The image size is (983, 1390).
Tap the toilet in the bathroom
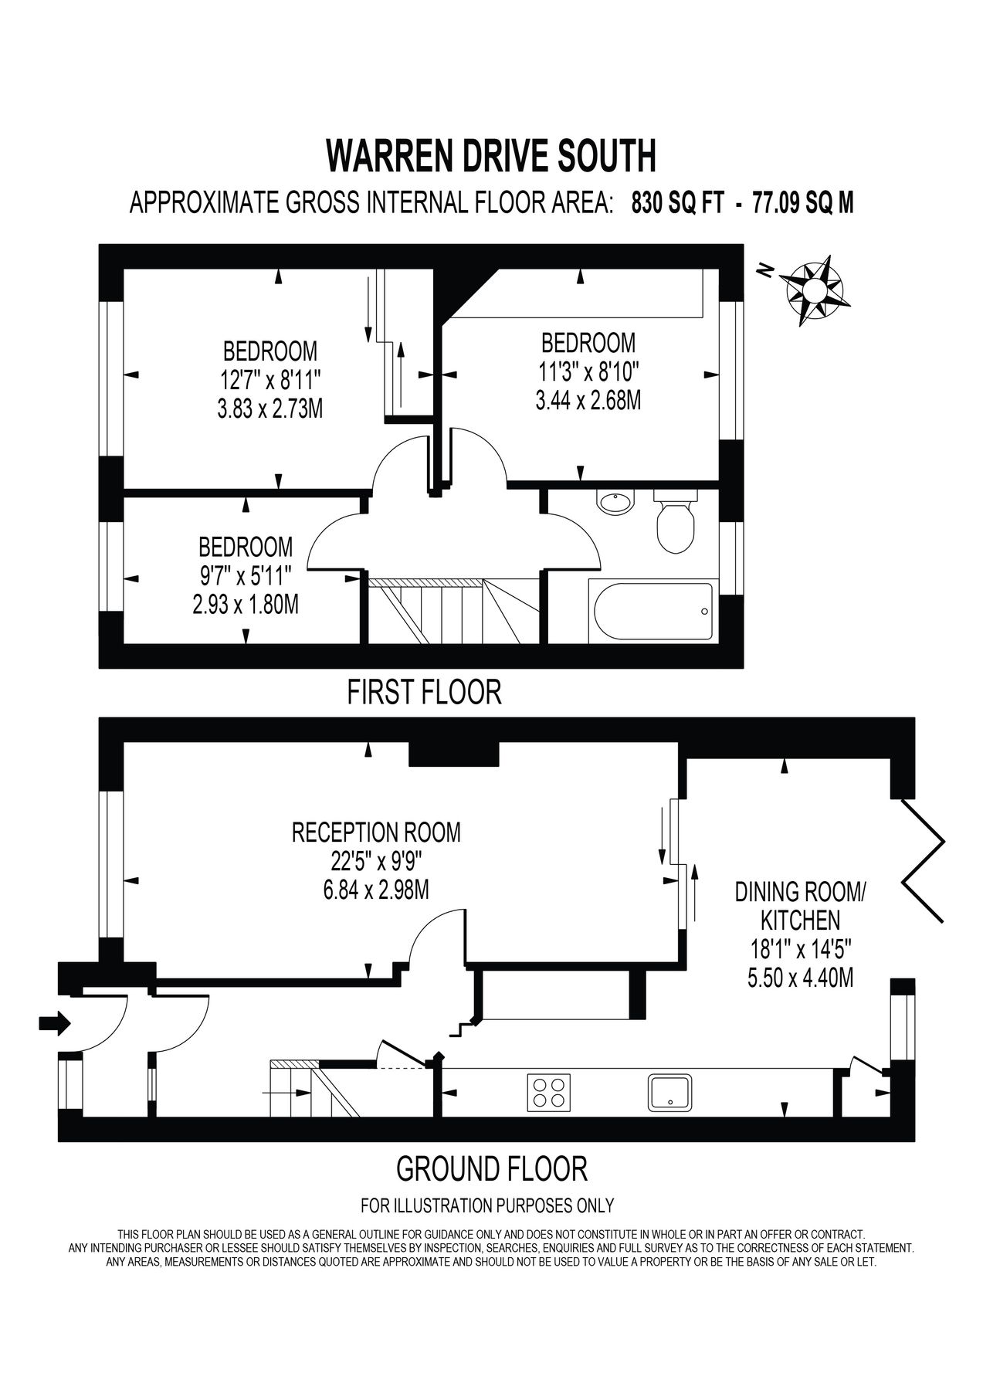[676, 523]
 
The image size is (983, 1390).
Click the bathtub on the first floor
[653, 612]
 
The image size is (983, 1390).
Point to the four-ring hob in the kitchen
[548, 1092]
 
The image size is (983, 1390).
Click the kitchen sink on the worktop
[670, 1092]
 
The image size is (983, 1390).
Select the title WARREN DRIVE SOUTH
[491, 155]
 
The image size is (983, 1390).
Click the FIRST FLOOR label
[424, 691]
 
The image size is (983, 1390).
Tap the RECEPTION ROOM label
[376, 832]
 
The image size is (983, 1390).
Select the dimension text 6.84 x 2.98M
[376, 890]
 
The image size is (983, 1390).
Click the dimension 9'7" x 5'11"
[246, 575]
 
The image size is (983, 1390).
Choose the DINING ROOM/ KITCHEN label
[800, 906]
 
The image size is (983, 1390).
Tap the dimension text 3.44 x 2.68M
[588, 401]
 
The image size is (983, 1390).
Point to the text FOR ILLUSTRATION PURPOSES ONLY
[487, 1205]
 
